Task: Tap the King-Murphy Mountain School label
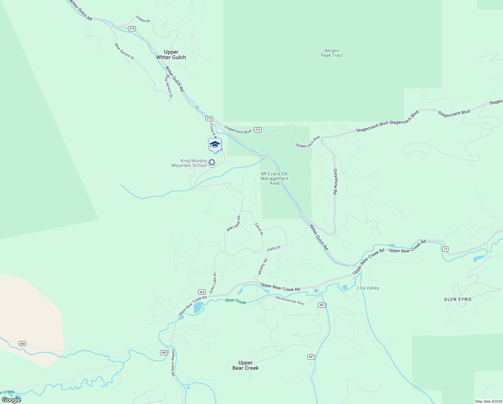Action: [x=189, y=163]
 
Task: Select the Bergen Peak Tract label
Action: [x=332, y=53]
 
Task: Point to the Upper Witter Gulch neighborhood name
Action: [x=171, y=55]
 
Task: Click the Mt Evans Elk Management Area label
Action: [x=274, y=178]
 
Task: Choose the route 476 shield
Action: [x=258, y=130]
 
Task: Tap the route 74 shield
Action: [x=446, y=249]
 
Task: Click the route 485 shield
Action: [x=202, y=292]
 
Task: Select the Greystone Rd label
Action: [x=335, y=181]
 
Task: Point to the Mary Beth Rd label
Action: [x=234, y=224]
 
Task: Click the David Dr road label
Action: [x=259, y=229]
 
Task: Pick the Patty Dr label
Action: [x=274, y=248]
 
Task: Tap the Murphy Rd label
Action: [x=263, y=267]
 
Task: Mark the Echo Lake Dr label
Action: [x=213, y=283]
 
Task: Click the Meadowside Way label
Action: [x=290, y=300]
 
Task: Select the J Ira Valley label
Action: [x=367, y=288]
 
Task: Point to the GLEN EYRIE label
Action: [x=458, y=299]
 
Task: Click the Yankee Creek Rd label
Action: [x=173, y=362]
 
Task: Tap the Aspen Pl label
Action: [x=143, y=19]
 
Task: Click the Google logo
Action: [x=11, y=400]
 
